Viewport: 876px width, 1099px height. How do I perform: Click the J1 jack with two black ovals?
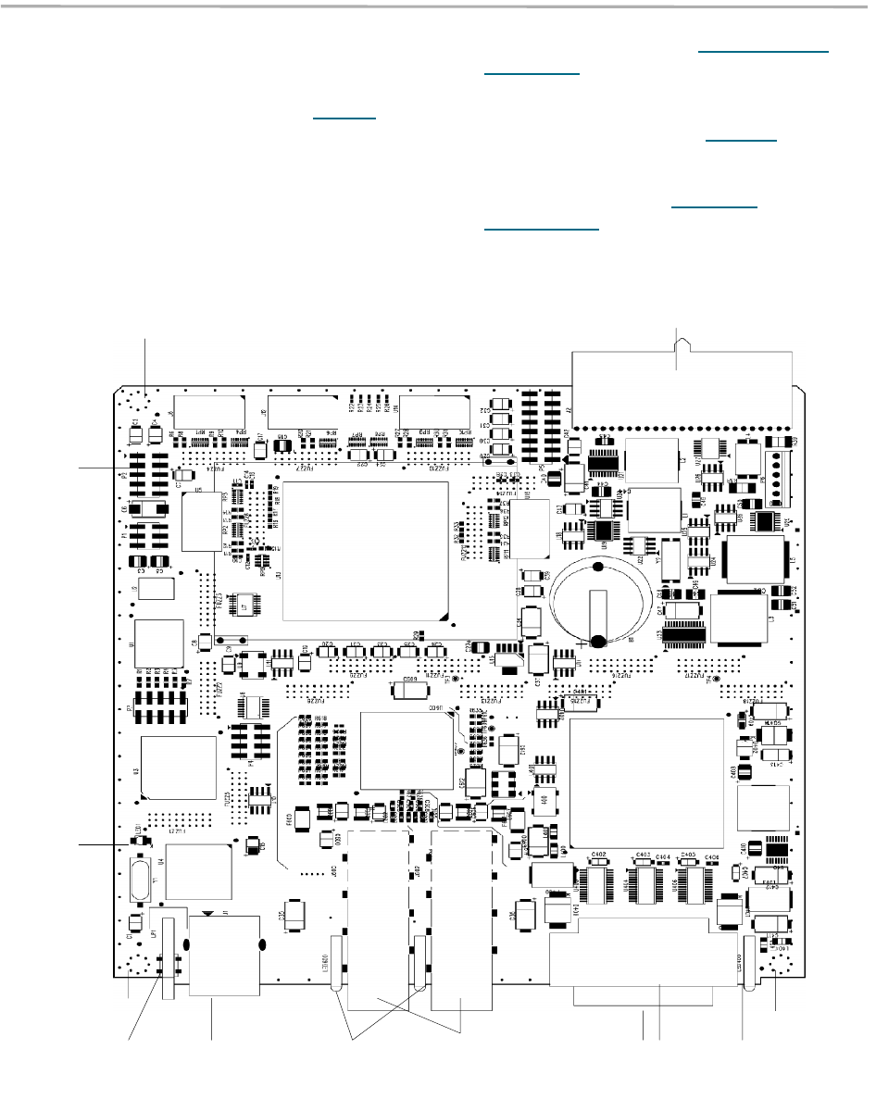click(223, 953)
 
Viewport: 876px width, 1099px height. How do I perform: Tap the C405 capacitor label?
click(687, 855)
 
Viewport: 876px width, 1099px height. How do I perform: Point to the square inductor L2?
click(652, 461)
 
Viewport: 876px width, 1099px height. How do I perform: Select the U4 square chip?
click(198, 871)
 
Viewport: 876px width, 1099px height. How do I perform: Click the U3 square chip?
click(178, 768)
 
